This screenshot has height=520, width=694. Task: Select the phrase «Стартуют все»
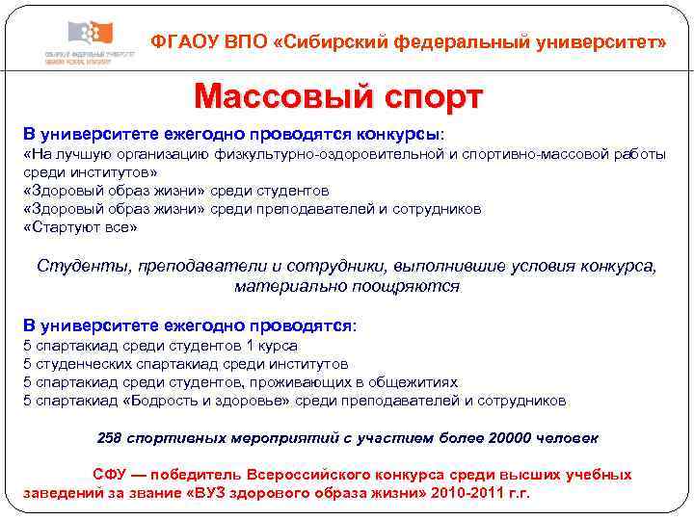click(80, 227)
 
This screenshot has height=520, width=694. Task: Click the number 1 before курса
click(250, 345)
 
